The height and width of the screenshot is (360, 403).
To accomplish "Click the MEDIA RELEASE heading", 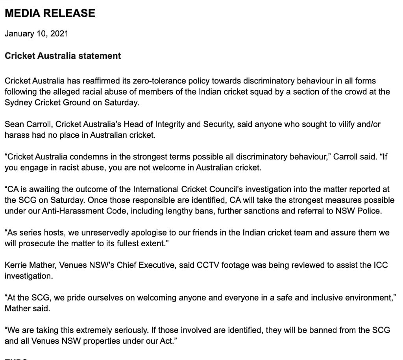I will pos(50,13).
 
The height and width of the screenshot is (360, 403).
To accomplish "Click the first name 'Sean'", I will pos(13,124).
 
